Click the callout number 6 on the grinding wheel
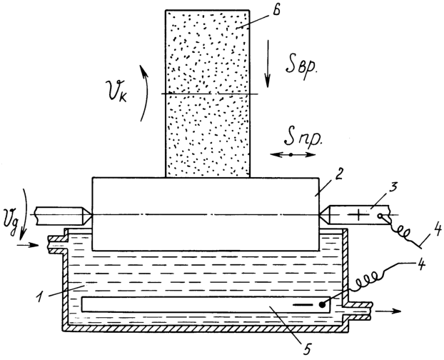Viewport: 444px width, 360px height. coord(275,11)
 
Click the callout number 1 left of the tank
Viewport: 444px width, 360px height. coord(41,297)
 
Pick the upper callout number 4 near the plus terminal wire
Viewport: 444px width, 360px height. coord(435,230)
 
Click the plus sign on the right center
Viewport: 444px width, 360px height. coord(359,215)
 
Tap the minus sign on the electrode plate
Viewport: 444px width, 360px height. coord(303,305)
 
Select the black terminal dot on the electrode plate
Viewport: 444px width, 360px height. coord(322,305)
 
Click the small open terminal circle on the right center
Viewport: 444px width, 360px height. coord(380,216)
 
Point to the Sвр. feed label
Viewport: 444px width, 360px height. coord(301,66)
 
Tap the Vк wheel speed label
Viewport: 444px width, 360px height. coord(117,91)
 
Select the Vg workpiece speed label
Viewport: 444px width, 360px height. coord(11,218)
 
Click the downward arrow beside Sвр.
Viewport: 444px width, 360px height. coord(268,64)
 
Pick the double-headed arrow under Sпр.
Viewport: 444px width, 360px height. coord(292,155)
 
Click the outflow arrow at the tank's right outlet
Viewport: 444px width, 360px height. coord(388,311)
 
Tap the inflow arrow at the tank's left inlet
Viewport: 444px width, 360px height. coord(28,245)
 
